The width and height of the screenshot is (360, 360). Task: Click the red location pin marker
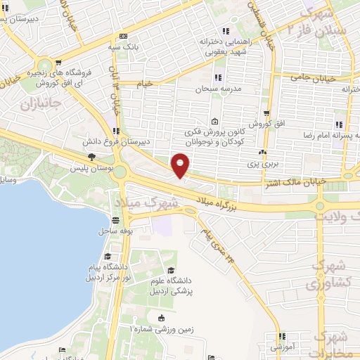click(181, 165)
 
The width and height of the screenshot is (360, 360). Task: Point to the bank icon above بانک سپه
click(124, 36)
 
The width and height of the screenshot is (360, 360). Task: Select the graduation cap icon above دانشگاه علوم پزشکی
click(169, 270)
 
